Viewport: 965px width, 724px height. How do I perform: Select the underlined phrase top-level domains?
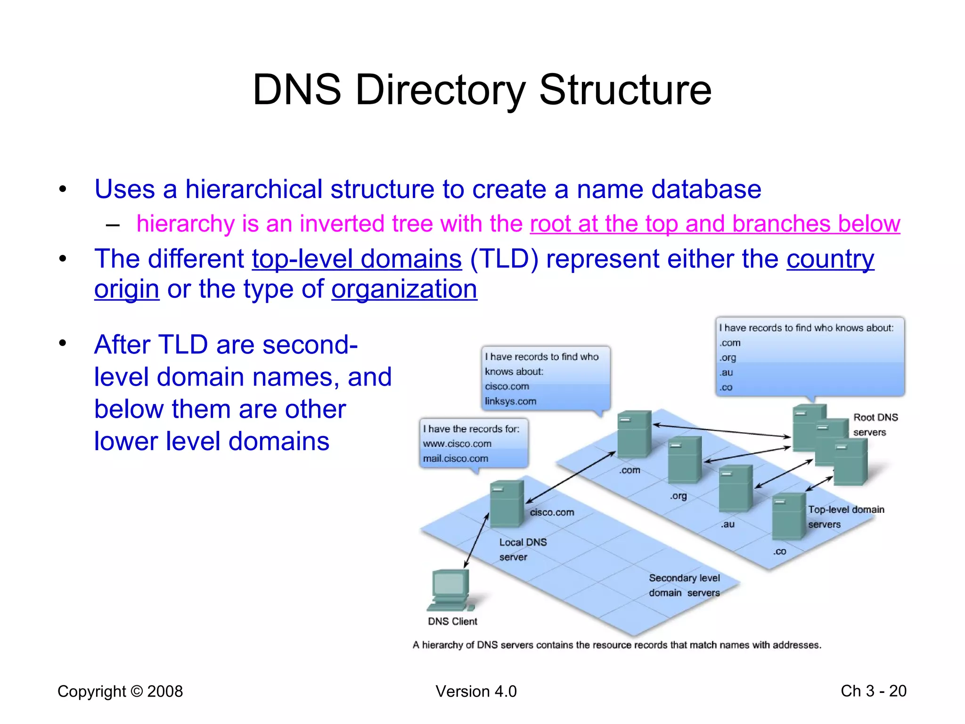click(x=357, y=259)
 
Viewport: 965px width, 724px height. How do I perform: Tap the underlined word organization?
click(x=404, y=289)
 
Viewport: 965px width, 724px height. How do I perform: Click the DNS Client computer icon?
click(x=450, y=589)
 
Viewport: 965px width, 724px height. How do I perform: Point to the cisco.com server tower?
click(x=506, y=503)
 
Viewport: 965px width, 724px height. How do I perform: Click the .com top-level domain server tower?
click(x=634, y=434)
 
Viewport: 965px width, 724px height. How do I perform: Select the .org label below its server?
click(x=678, y=496)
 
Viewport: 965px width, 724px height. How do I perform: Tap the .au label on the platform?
click(x=728, y=524)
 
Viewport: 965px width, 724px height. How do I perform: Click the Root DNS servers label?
click(x=875, y=425)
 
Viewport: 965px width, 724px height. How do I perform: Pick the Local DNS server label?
click(x=523, y=550)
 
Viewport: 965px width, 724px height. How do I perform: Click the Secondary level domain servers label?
click(x=684, y=585)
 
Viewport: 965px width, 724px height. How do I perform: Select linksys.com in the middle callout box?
click(x=510, y=401)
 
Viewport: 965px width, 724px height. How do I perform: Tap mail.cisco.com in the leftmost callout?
click(x=455, y=458)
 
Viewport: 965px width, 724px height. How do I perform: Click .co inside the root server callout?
click(x=726, y=387)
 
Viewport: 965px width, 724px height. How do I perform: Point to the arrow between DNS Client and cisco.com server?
click(x=476, y=541)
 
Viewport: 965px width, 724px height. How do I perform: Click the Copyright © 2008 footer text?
click(x=120, y=691)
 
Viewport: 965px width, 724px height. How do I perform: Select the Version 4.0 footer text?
click(x=476, y=691)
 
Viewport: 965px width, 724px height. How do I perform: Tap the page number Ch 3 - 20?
click(x=873, y=691)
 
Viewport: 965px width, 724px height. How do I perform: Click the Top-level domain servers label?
click(x=846, y=517)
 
